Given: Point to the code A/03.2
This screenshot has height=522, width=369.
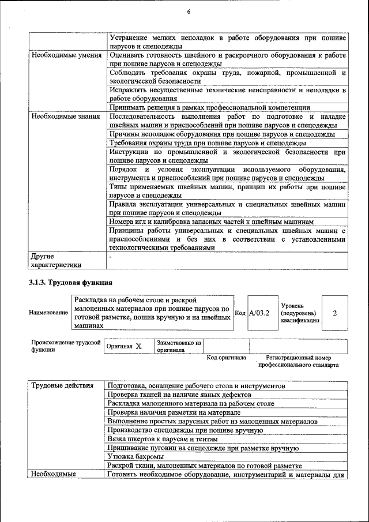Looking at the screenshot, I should click(x=259, y=312).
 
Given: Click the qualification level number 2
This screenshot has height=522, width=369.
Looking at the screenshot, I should click(x=335, y=312).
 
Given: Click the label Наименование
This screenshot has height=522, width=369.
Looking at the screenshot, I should click(x=48, y=312).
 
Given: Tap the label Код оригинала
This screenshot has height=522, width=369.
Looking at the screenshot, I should click(x=227, y=358).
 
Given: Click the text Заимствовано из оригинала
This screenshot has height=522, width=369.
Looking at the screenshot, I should click(x=179, y=346).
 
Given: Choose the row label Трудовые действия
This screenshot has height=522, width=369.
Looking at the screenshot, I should click(x=62, y=385).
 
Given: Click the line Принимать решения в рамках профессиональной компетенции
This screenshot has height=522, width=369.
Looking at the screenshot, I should click(x=209, y=107).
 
